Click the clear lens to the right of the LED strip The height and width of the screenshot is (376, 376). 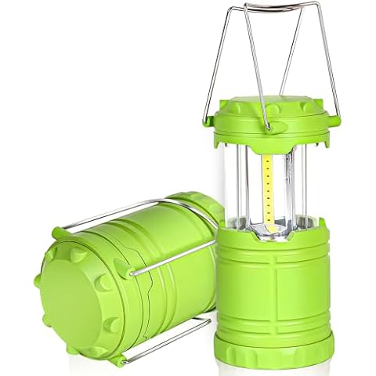pos(302,180)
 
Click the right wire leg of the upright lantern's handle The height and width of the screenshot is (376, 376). pos(329,63)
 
